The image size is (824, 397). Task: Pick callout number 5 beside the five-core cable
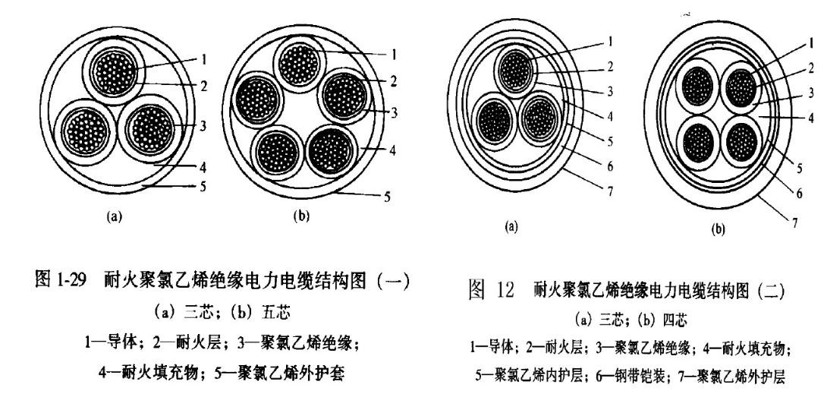pos(388,197)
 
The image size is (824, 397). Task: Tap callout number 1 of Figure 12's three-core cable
pos(610,39)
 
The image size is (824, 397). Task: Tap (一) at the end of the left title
pos(399,280)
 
